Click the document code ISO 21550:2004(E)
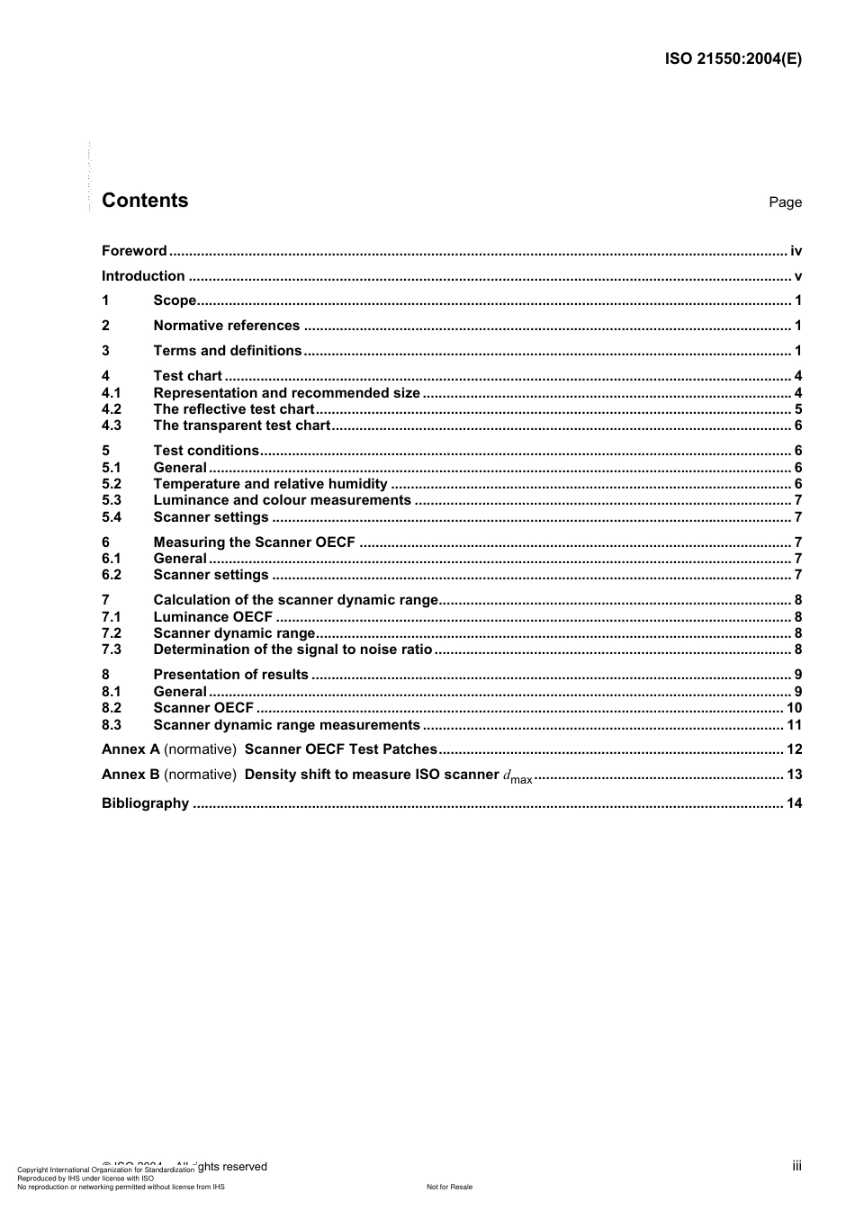733,59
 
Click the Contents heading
145,201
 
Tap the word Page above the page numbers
785,202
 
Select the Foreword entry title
134,251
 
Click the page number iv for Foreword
796,251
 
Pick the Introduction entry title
143,276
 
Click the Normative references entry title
226,326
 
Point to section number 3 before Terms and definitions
105,351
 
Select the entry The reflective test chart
234,409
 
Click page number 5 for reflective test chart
797,409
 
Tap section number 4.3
112,426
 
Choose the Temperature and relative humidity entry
270,484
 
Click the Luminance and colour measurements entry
282,500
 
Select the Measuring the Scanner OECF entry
254,542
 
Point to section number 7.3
112,650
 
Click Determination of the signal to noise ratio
292,650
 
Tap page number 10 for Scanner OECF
794,708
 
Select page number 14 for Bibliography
794,803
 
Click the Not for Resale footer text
449,1187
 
